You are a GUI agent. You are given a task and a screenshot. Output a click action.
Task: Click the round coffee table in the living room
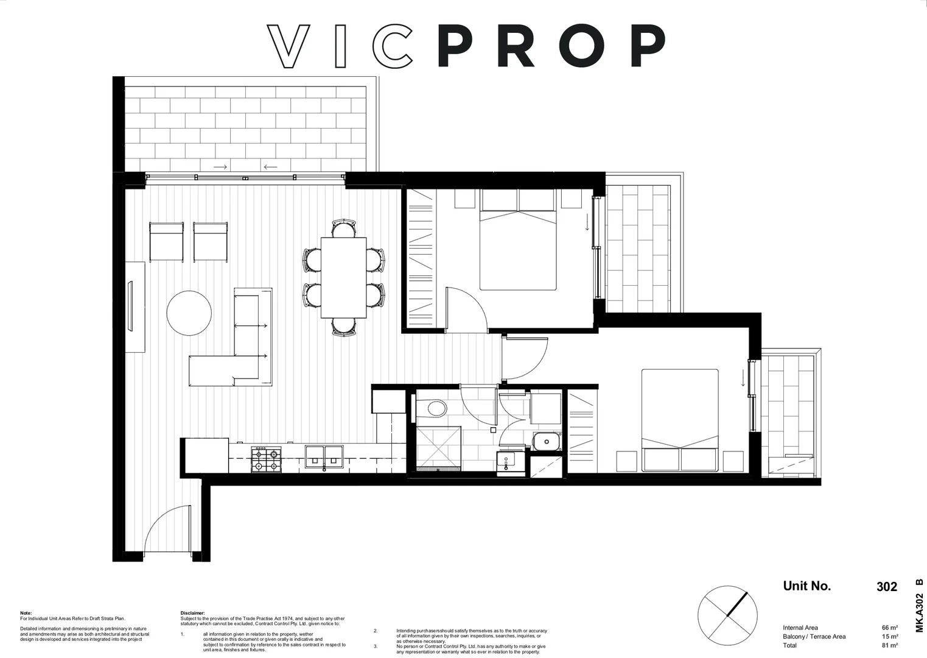click(189, 313)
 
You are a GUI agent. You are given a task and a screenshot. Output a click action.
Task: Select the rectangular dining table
click(343, 277)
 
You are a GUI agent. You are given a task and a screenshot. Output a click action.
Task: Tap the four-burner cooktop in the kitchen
click(267, 460)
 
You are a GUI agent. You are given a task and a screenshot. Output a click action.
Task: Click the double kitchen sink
click(324, 456)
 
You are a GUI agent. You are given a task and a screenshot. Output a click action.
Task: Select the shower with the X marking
click(438, 448)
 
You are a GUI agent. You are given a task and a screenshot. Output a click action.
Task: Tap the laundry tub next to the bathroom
click(546, 441)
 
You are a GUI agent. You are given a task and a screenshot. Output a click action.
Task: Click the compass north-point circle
click(727, 615)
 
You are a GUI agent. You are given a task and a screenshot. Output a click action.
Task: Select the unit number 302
click(886, 587)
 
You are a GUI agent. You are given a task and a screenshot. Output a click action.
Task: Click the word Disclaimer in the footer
click(192, 613)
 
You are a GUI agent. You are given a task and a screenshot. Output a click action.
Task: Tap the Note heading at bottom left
click(26, 613)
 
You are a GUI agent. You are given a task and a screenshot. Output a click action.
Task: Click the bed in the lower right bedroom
click(680, 420)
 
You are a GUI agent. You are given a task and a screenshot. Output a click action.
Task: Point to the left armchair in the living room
click(166, 242)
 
